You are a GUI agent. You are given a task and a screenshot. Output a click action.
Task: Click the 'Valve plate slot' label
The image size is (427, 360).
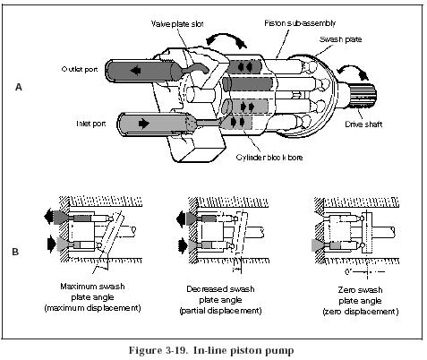click(x=177, y=23)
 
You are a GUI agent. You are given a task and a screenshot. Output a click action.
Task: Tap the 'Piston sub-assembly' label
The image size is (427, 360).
click(x=300, y=23)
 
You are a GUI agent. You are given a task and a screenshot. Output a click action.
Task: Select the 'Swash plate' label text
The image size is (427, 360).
click(x=340, y=39)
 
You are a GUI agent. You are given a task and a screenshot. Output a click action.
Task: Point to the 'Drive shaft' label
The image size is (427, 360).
click(x=363, y=124)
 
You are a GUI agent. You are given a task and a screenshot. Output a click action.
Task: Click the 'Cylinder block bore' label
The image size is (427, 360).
click(x=269, y=158)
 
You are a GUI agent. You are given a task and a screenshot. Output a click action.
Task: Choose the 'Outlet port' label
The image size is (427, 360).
click(x=80, y=69)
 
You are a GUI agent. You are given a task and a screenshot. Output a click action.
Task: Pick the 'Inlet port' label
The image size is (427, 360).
click(x=91, y=124)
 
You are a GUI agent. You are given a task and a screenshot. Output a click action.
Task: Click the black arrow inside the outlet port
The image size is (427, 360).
click(x=135, y=71)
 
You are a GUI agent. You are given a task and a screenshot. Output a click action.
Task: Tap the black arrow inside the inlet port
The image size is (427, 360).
click(x=144, y=123)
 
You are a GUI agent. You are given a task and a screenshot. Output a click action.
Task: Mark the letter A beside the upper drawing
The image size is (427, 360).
click(x=19, y=88)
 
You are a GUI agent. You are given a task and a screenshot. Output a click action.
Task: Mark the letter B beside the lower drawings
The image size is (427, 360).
click(x=15, y=252)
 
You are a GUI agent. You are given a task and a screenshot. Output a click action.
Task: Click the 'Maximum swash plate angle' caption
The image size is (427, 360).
click(x=92, y=297)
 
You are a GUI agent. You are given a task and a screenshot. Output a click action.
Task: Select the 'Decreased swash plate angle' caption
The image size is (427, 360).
click(x=220, y=300)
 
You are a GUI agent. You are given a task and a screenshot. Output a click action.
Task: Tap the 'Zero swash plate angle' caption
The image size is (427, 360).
click(x=361, y=301)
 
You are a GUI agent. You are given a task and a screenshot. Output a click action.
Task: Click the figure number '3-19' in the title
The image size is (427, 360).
click(x=175, y=350)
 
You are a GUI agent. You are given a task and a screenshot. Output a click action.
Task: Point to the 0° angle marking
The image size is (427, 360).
click(x=348, y=272)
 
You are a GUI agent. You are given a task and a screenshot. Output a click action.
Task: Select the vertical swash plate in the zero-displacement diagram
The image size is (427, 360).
click(x=367, y=233)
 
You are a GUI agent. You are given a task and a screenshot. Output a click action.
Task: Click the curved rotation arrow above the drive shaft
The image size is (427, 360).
click(x=352, y=71)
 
